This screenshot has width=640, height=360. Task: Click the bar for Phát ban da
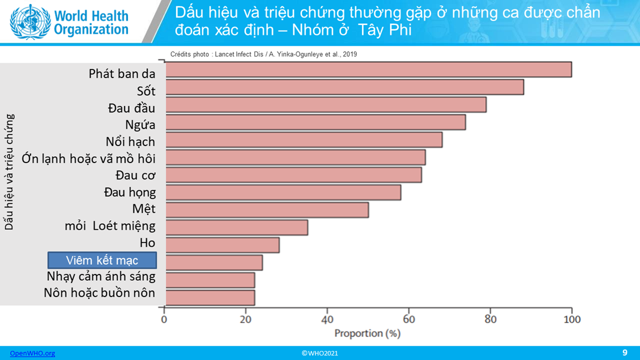pos(369,70)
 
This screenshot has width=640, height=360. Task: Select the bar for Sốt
pos(345,87)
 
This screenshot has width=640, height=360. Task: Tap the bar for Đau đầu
pos(326,105)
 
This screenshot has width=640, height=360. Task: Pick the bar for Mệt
pos(267,210)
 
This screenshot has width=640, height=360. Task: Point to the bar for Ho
pos(223,245)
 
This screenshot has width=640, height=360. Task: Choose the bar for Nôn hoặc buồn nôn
pos(210,298)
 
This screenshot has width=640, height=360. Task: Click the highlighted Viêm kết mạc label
pos(102,260)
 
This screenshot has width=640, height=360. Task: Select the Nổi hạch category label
pos(130,142)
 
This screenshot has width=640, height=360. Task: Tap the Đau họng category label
pos(130,192)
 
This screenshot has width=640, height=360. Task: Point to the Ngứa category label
pos(140,125)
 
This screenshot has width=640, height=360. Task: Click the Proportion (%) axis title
pos(368,333)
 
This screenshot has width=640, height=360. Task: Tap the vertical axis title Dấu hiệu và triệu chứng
pos(9,172)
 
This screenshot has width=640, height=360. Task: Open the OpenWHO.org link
pos(32,353)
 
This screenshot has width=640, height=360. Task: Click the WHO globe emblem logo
pos(30,21)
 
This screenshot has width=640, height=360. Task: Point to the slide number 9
pos(625,353)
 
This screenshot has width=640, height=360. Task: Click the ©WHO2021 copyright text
pos(319,353)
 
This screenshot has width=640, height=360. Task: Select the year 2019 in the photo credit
pos(350,54)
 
